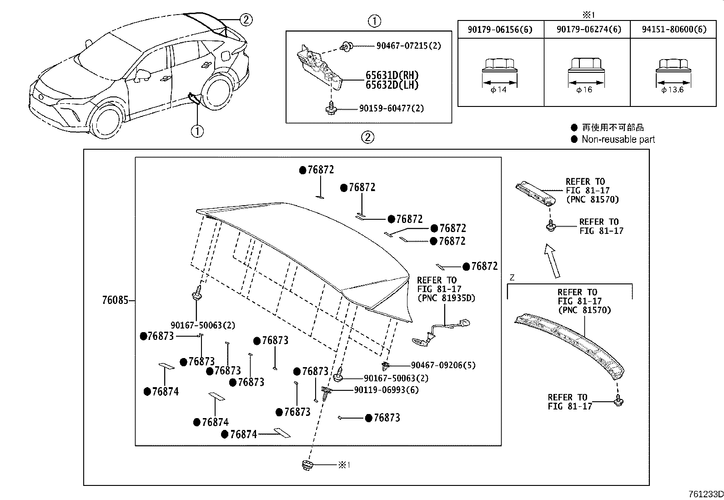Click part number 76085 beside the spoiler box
click(x=114, y=300)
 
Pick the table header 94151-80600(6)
click(x=674, y=30)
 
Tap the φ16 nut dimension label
click(x=584, y=90)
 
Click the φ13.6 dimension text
click(x=673, y=90)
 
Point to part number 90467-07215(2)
click(x=408, y=46)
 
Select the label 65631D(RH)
click(x=392, y=76)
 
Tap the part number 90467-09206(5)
click(x=443, y=365)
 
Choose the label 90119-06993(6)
click(x=386, y=390)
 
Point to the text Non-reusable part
click(x=618, y=140)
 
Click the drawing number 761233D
click(x=705, y=495)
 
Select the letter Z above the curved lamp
click(x=513, y=278)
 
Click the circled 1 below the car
click(x=197, y=131)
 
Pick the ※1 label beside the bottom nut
click(x=344, y=465)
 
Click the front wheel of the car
click(x=106, y=124)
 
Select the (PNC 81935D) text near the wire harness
click(x=446, y=298)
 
